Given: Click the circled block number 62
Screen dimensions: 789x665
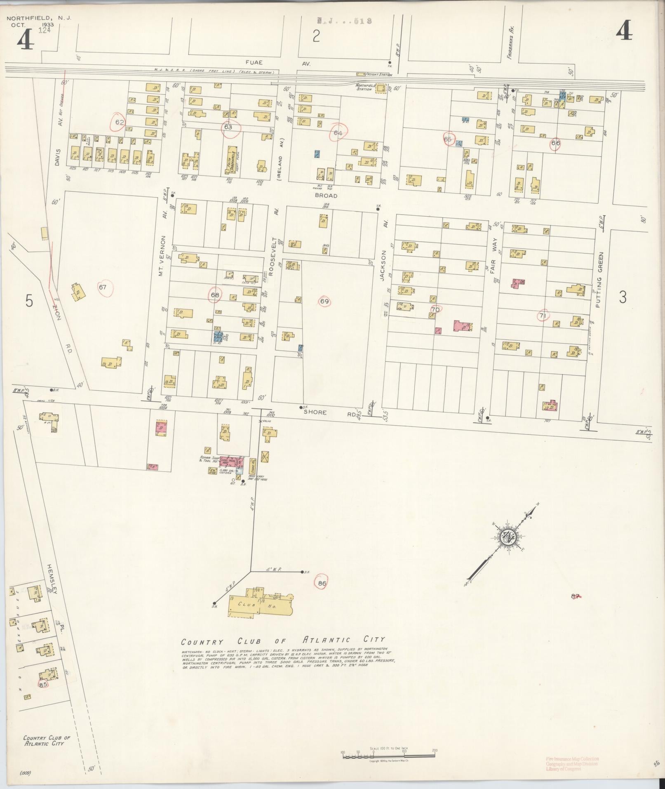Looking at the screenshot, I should (120, 122).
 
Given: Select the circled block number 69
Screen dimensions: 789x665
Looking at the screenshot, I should (324, 301).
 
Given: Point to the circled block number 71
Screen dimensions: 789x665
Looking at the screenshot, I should (543, 316).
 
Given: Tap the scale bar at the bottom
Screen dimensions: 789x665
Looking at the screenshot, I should (389, 756).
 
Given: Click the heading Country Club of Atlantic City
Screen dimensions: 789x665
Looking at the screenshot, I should (283, 641).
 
